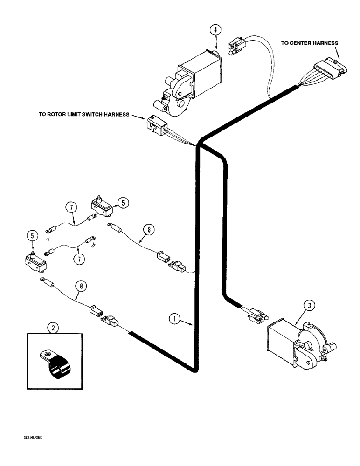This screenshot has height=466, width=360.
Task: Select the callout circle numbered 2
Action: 54,328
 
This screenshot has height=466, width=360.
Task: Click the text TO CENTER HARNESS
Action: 310,43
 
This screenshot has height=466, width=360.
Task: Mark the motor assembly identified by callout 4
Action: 191,80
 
